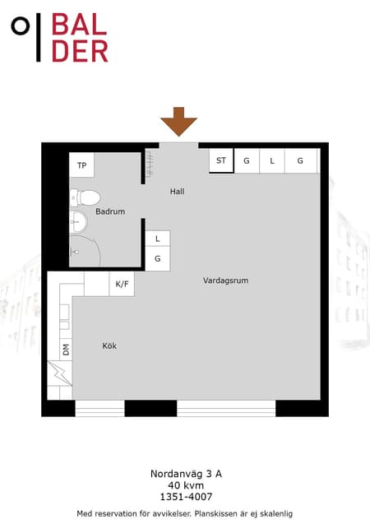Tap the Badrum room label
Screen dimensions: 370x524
[110, 211]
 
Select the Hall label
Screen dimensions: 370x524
[177, 192]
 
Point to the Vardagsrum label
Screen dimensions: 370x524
[226, 281]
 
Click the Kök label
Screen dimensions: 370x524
[109, 345]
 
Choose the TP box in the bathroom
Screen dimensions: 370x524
[82, 165]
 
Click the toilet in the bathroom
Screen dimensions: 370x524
[86, 197]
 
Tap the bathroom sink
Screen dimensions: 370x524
[79, 222]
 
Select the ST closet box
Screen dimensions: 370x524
[221, 160]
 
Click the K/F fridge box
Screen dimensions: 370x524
[122, 284]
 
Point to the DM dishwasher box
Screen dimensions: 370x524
[66, 350]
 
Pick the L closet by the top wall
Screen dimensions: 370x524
[272, 160]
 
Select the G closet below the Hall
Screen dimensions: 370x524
[158, 258]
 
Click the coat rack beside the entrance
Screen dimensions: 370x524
[150, 164]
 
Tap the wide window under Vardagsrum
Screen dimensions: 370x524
[226, 408]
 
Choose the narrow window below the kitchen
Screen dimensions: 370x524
[99, 408]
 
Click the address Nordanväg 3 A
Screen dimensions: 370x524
[186, 474]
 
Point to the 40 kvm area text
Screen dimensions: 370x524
[186, 485]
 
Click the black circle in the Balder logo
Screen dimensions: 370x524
[21, 26]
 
